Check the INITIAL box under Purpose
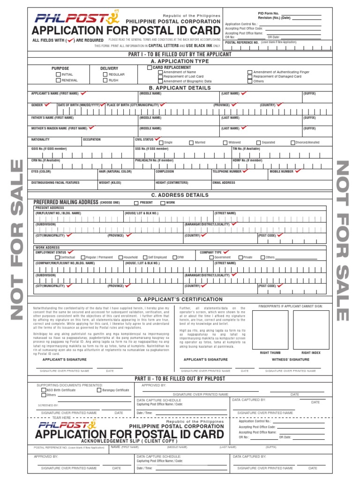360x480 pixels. point(58,75)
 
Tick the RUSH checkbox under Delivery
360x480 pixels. point(105,81)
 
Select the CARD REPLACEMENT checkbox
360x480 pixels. point(150,67)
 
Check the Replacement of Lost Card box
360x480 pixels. point(160,76)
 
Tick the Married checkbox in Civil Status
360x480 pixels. point(191,142)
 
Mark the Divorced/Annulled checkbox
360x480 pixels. point(293,142)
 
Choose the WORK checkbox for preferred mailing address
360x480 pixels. point(163,203)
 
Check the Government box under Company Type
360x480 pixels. point(211,257)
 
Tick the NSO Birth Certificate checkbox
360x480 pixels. point(44,390)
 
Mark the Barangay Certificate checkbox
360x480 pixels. point(99,390)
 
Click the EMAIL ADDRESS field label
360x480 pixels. point(224,183)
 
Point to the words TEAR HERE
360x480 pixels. point(61,418)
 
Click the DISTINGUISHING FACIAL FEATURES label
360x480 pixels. point(55,183)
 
